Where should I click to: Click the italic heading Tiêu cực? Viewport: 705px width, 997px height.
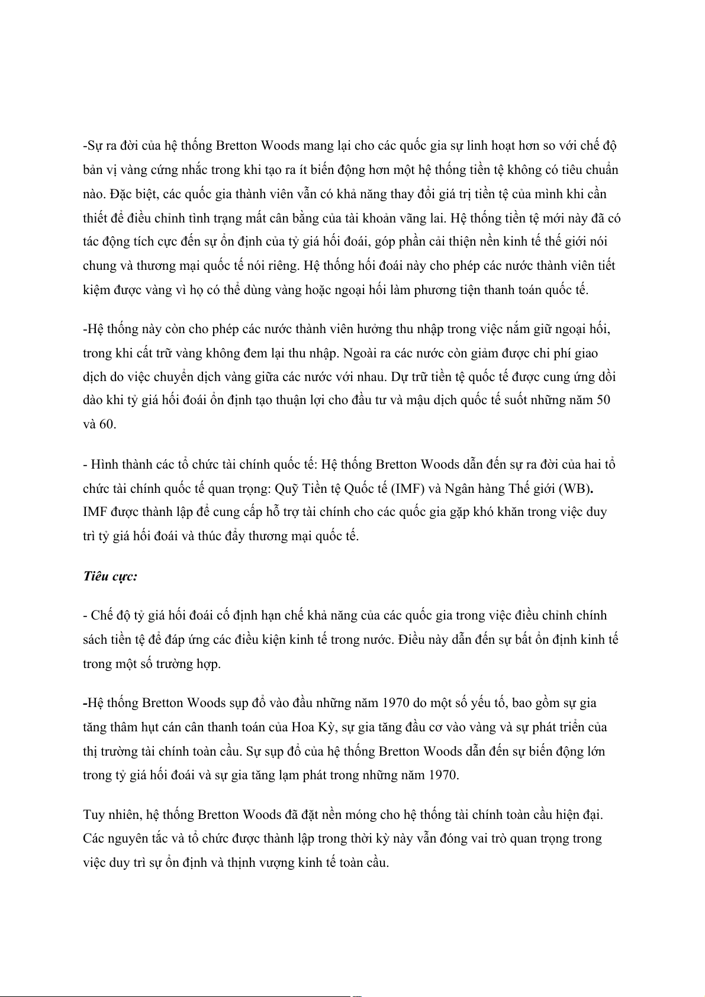point(110,576)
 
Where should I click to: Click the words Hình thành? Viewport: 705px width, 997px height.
point(121,464)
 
